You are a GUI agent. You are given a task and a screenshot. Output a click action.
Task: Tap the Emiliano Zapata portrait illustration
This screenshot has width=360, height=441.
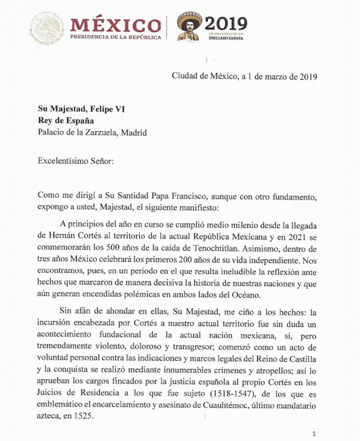[189, 26]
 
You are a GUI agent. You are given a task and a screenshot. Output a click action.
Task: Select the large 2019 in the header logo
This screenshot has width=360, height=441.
[226, 23]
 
